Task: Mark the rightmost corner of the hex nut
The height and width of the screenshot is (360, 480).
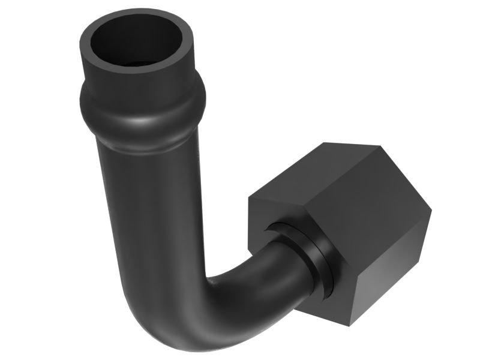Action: click(x=431, y=210)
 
